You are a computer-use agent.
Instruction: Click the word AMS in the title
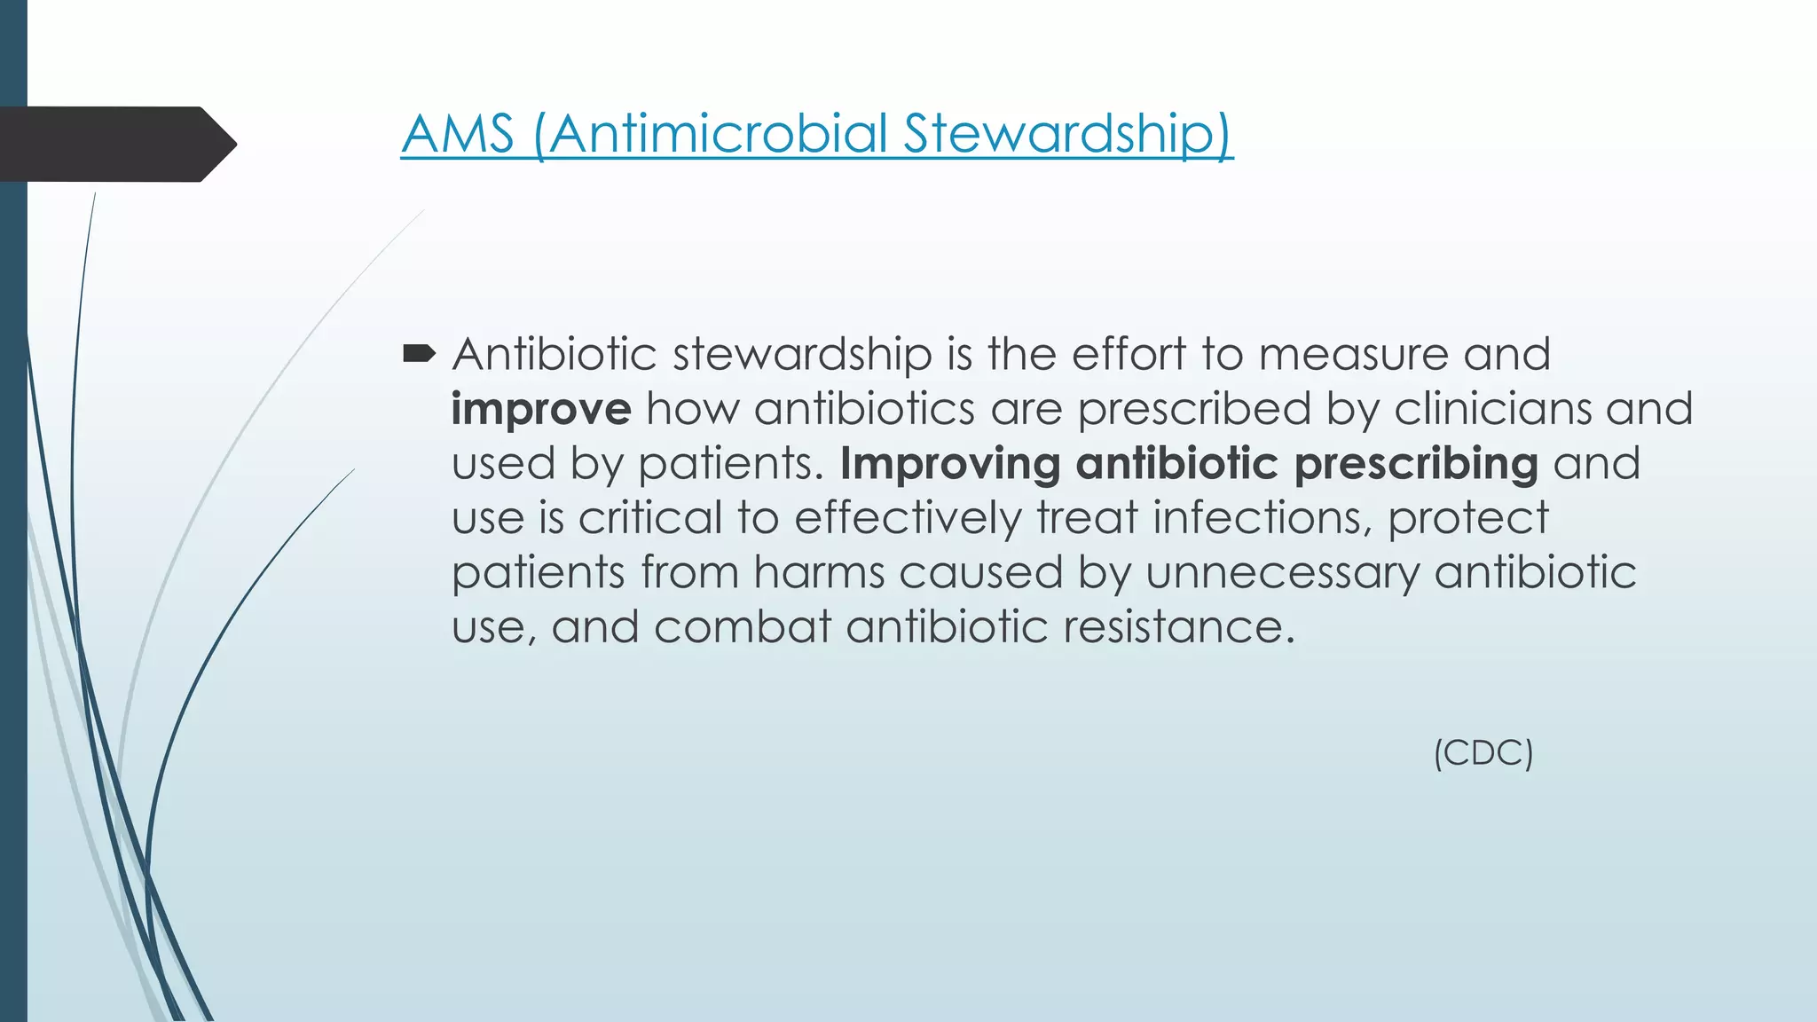pyautogui.click(x=458, y=134)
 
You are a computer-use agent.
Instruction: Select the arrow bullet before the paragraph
pyautogui.click(x=419, y=355)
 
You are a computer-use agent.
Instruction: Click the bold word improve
pyautogui.click(x=541, y=409)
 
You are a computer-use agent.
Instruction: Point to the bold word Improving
pyautogui.click(x=950, y=464)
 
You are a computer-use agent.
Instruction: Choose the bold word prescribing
pyautogui.click(x=1416, y=464)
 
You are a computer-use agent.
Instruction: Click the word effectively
pyautogui.click(x=908, y=518)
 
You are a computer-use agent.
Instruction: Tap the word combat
pyautogui.click(x=742, y=627)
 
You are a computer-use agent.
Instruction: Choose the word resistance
pyautogui.click(x=1179, y=627)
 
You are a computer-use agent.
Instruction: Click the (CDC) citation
pyautogui.click(x=1483, y=753)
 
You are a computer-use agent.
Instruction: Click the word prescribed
pyautogui.click(x=1194, y=409)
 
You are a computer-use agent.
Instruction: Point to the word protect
pyautogui.click(x=1468, y=518)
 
